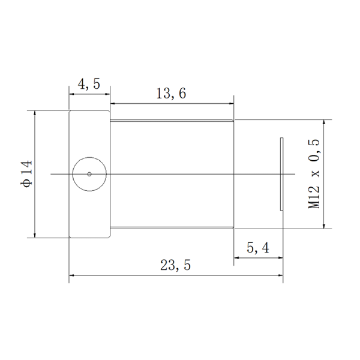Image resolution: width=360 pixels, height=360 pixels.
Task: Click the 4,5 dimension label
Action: pos(89,84)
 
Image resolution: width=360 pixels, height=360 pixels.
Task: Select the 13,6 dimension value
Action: pos(171,94)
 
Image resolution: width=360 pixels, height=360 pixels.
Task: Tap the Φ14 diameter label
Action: pos(26,174)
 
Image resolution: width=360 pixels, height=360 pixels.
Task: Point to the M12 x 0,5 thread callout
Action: pos(314,174)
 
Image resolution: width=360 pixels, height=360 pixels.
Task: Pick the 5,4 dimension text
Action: pos(258,248)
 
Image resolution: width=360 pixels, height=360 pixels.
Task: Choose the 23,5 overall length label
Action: pos(175,265)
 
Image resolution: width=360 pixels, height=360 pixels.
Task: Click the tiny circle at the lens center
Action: pos(89,174)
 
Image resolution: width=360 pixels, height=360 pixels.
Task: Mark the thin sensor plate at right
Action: pos(281,174)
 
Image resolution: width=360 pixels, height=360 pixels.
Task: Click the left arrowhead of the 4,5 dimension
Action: pos(71,94)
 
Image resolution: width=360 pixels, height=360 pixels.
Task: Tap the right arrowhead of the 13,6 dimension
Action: pos(231,104)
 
